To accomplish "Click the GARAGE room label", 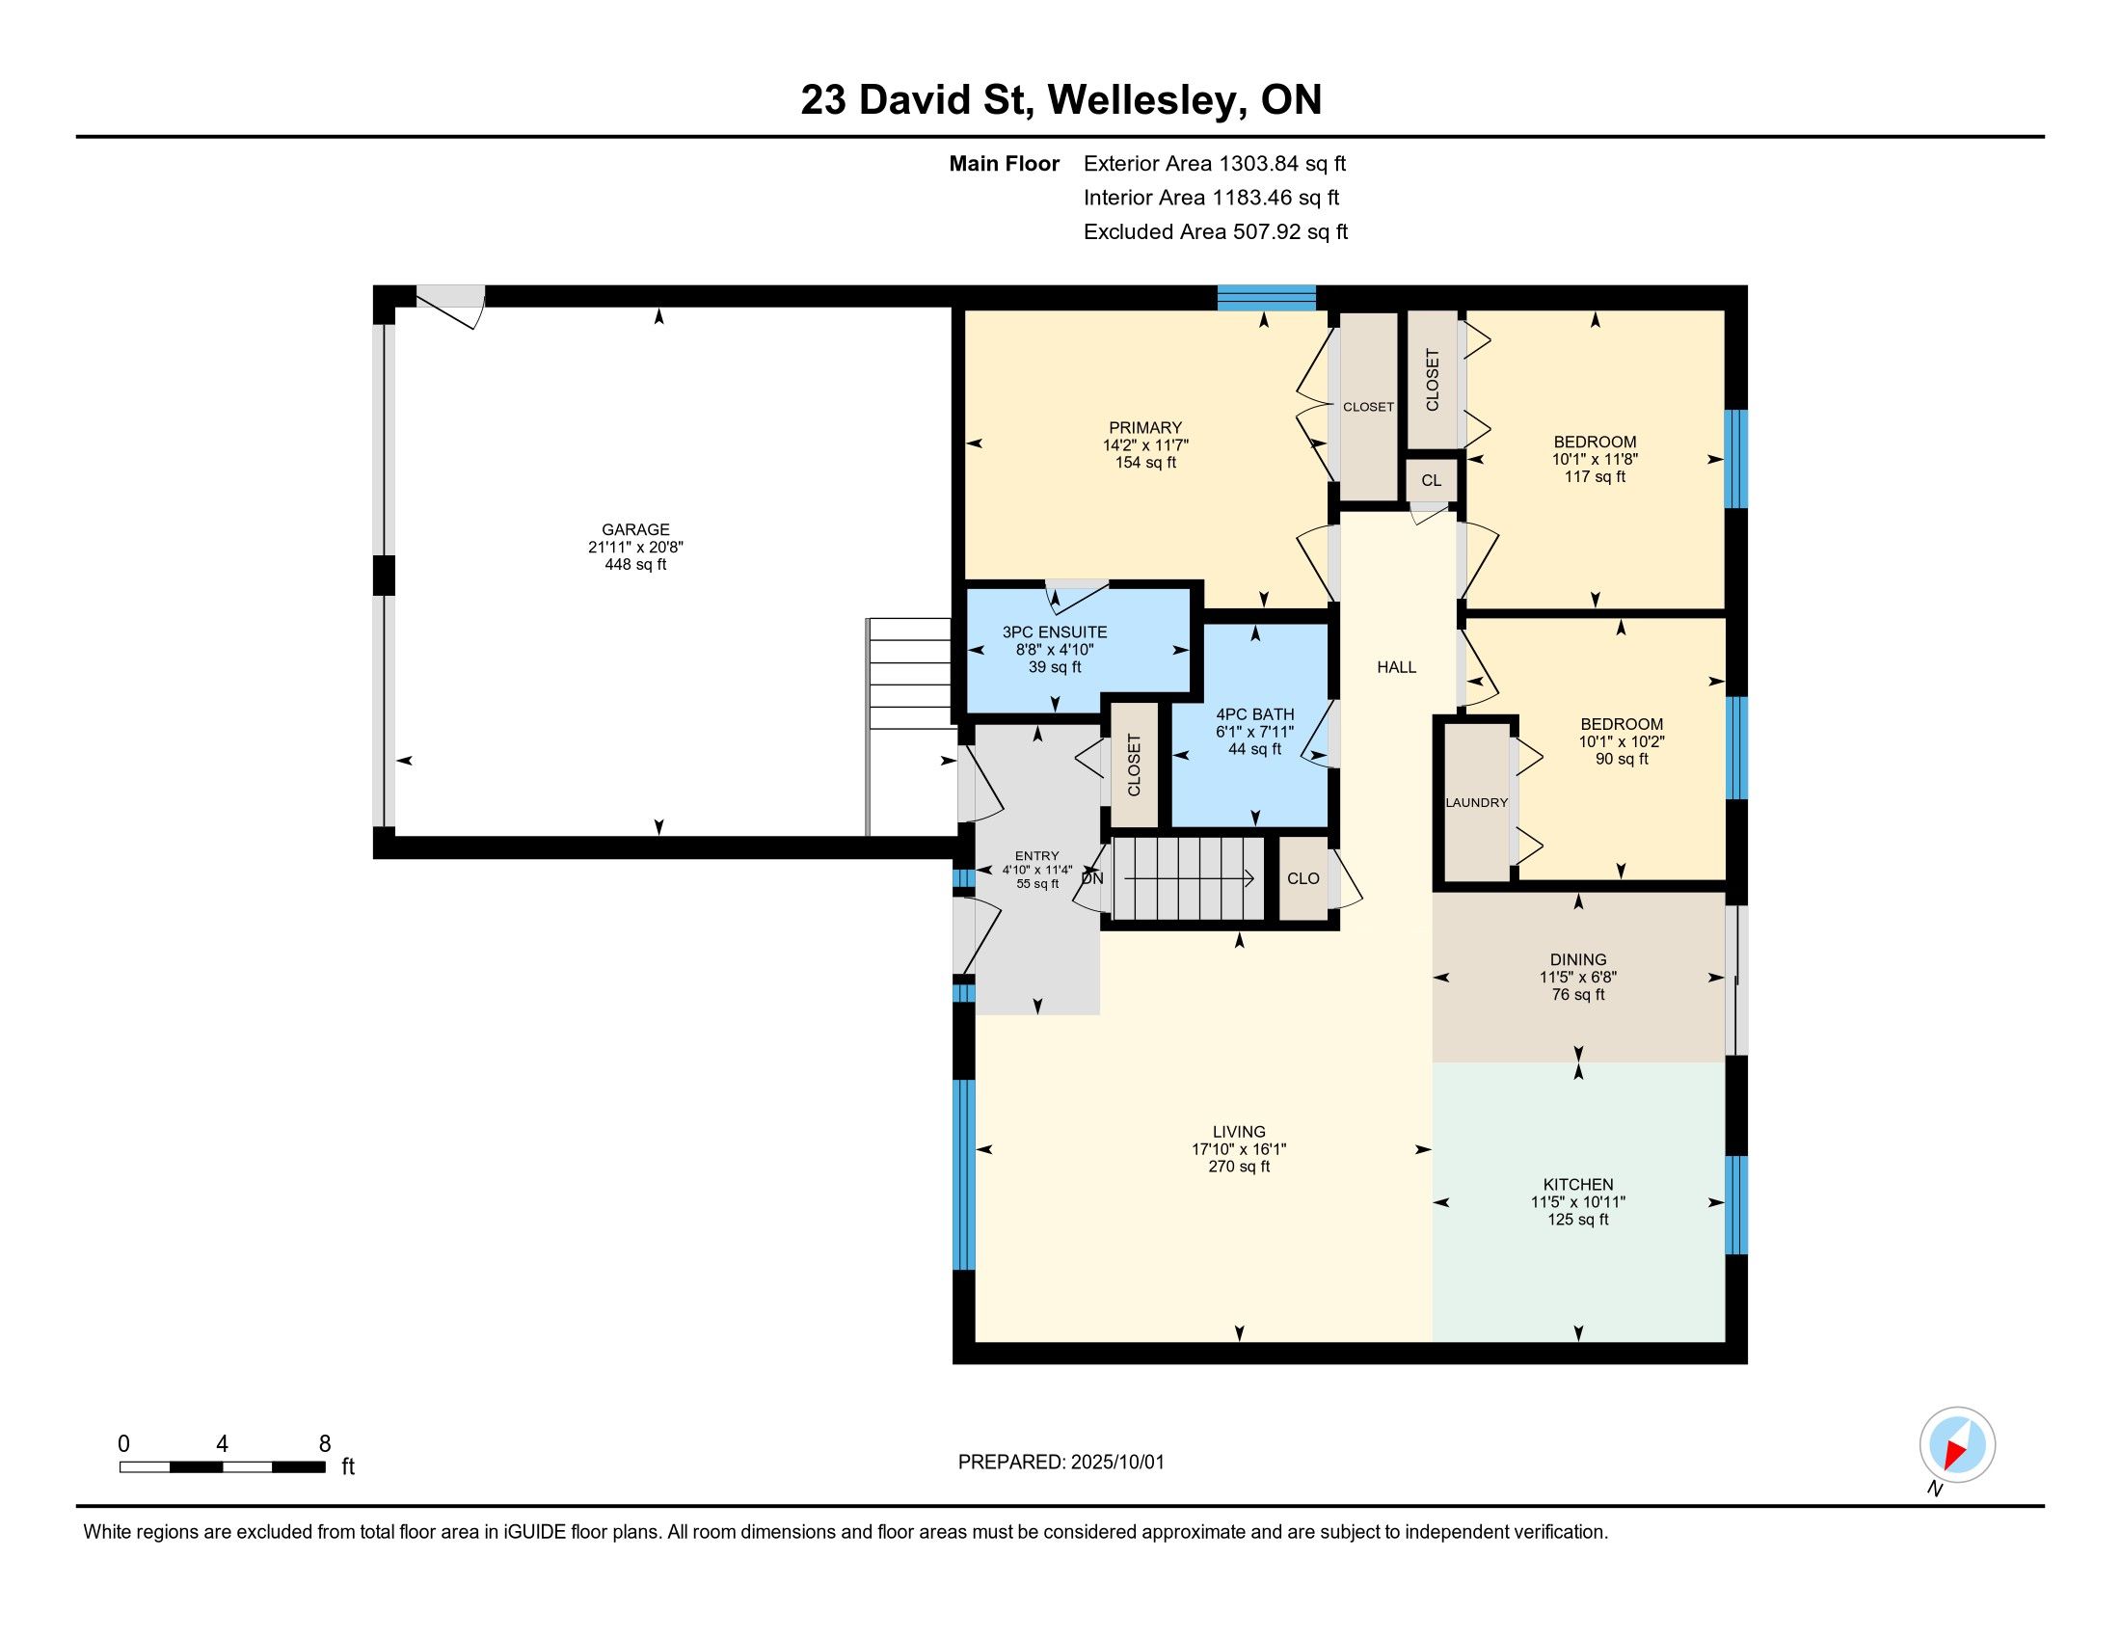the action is pos(635,529).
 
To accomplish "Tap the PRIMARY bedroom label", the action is pos(1145,427).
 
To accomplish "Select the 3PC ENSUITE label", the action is pos(1055,632).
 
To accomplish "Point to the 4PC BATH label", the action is pos(1254,714).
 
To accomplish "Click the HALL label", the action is pos(1397,667).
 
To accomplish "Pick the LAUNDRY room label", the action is pos(1476,803).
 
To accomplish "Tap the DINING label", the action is pos(1578,959).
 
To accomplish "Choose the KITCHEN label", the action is pos(1578,1185).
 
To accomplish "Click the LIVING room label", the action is pos(1239,1131).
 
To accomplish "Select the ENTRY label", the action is pos(1036,856).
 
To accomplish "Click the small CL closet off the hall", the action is pos(1432,481).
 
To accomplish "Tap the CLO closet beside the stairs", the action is pos(1303,878).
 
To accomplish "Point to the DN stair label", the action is pos(1093,878).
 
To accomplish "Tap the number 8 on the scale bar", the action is pos(325,1444).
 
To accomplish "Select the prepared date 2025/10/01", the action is pos(1116,1463).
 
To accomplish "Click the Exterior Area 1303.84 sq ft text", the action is pos(1215,164).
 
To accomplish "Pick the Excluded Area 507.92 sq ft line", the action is pos(1216,232).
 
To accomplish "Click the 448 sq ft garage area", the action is pos(635,564).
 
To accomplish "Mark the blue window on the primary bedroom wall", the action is pos(1267,297).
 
